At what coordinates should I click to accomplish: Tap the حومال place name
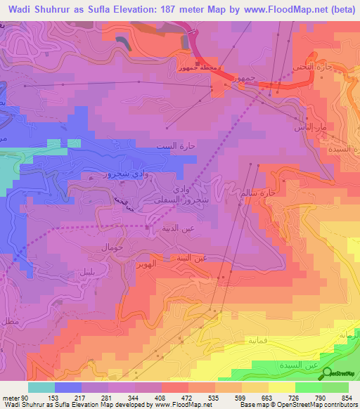[112, 248]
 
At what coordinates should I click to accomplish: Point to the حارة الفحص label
[309, 67]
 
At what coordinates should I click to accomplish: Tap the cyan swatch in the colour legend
[41, 387]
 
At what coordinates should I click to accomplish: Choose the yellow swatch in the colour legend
[281, 387]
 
